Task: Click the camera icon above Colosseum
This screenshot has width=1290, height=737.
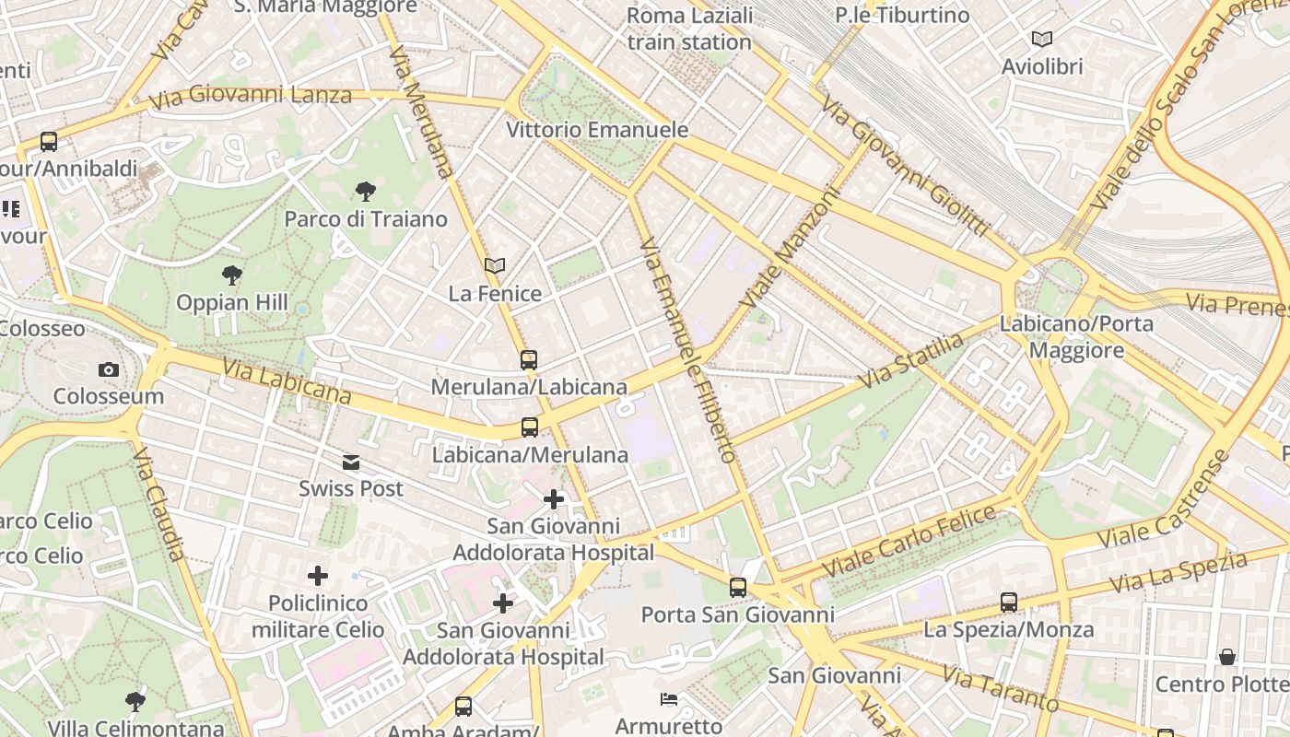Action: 109,370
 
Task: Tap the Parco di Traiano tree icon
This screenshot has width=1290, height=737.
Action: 366,192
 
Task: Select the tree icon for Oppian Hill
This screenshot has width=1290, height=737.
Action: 232,275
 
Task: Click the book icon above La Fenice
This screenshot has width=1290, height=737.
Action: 495,266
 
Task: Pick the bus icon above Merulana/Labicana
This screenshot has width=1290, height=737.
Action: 529,360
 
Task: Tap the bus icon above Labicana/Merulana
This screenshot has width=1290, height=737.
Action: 530,427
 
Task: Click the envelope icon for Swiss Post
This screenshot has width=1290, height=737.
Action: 351,462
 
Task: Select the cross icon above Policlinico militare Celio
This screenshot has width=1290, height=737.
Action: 318,577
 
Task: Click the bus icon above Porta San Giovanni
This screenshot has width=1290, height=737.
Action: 738,588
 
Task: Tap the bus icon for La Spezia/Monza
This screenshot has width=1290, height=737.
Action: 1009,602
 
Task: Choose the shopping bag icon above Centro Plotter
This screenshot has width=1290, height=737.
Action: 1227,657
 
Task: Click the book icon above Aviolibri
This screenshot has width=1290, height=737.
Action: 1042,40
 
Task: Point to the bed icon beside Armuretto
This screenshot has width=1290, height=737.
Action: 670,699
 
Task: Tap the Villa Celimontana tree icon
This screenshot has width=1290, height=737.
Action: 135,702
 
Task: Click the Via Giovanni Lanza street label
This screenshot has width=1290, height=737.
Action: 250,96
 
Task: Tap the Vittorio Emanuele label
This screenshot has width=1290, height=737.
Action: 597,130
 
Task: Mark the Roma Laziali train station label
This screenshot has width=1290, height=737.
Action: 689,29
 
